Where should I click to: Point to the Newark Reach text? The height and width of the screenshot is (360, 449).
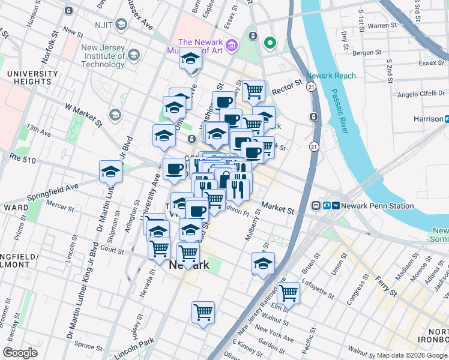pyautogui.click(x=331, y=76)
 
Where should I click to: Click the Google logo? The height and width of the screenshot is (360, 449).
pyautogui.click(x=20, y=352)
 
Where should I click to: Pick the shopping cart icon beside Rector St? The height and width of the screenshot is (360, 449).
pyautogui.click(x=254, y=91)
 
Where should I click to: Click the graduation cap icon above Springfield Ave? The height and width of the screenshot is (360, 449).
pyautogui.click(x=110, y=172)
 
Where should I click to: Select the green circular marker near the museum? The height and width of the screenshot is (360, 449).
pyautogui.click(x=270, y=43)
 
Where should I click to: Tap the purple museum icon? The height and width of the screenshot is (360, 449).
pyautogui.click(x=233, y=46)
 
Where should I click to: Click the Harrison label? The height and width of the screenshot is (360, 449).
pyautogui.click(x=428, y=119)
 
